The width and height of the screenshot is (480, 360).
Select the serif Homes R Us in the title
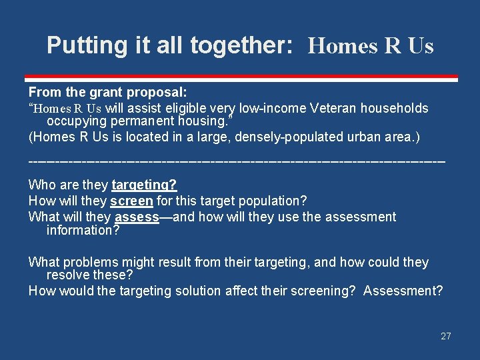[371, 46]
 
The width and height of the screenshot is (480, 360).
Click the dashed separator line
[236, 161]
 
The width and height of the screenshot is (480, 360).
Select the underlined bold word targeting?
[144, 185]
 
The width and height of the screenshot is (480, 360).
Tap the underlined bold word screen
[131, 201]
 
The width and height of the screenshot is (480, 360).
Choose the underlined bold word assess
[137, 217]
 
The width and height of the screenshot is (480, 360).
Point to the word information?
[83, 230]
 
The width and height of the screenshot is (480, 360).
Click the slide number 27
[445, 336]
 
